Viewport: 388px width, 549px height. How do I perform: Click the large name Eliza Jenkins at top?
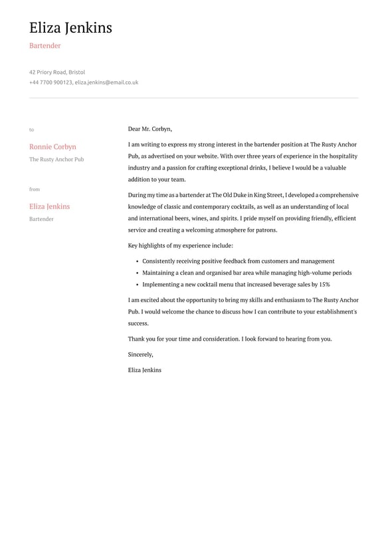pos(70,28)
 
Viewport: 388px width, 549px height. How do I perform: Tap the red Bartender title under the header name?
pos(45,46)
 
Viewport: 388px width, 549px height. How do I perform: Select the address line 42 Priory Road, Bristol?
pos(57,72)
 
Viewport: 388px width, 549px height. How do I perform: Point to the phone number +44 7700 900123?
pos(50,83)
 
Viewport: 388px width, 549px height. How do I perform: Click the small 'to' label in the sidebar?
pos(31,130)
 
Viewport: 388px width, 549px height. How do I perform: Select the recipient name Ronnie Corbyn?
pos(52,147)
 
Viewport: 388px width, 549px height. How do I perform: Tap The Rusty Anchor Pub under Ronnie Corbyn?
pos(56,160)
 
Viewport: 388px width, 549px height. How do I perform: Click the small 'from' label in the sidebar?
pos(35,190)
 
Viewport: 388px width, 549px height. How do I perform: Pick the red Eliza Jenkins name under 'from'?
pos(49,207)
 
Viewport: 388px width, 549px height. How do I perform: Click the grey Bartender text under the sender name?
pos(41,219)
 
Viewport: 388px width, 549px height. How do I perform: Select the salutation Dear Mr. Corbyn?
pos(149,129)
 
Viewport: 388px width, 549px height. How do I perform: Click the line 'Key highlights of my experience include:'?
pos(181,246)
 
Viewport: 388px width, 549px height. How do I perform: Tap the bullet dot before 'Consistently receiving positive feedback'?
pos(136,262)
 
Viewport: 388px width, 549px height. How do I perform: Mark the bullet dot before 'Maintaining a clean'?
pos(136,273)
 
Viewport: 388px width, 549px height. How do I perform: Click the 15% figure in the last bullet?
pos(324,284)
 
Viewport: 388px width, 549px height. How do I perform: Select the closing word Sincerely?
pos(140,355)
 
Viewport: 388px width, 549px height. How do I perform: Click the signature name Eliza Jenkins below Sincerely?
pos(144,370)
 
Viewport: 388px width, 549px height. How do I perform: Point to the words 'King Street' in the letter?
pos(267,196)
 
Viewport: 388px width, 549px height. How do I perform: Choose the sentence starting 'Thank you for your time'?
pos(230,339)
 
